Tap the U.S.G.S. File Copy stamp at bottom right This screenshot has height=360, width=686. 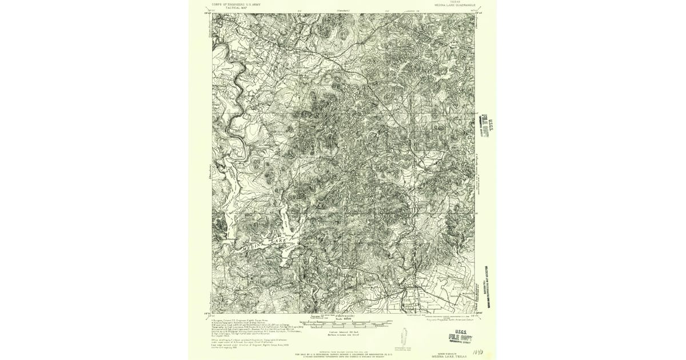tap(460, 338)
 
